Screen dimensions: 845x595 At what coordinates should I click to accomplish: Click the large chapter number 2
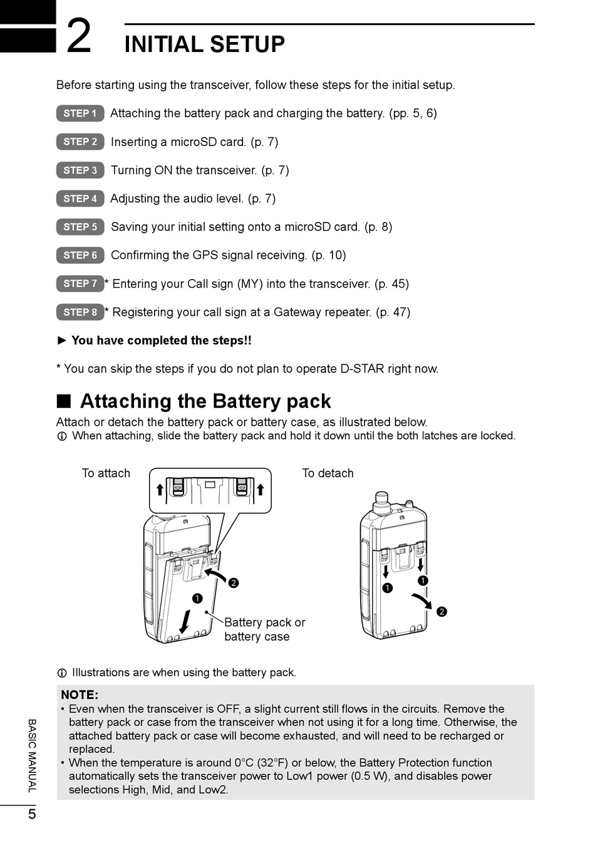[x=79, y=36]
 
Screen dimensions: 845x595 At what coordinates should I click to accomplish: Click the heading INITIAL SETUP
[x=204, y=45]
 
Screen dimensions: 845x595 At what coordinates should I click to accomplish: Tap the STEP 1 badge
[x=80, y=113]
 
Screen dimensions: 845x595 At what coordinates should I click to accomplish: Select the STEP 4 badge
[x=80, y=199]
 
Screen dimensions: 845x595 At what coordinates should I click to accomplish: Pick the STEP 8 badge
[x=80, y=312]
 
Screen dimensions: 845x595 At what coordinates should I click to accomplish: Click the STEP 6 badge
[x=80, y=255]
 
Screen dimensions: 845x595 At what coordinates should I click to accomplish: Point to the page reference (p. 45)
[x=391, y=284]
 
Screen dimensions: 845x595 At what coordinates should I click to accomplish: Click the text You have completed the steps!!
[x=161, y=341]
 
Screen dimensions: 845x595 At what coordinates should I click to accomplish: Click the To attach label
[x=106, y=473]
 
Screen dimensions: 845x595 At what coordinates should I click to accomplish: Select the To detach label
[x=328, y=473]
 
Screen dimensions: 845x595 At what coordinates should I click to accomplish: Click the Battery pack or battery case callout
[x=264, y=629]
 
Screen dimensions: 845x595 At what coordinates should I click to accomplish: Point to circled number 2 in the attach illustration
[x=233, y=583]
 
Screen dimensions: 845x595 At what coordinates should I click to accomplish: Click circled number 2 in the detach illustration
[x=442, y=612]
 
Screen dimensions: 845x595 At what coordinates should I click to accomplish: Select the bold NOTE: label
[x=80, y=695]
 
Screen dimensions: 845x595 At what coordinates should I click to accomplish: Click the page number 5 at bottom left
[x=32, y=814]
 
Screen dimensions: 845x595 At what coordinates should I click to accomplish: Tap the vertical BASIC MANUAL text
[x=32, y=755]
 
